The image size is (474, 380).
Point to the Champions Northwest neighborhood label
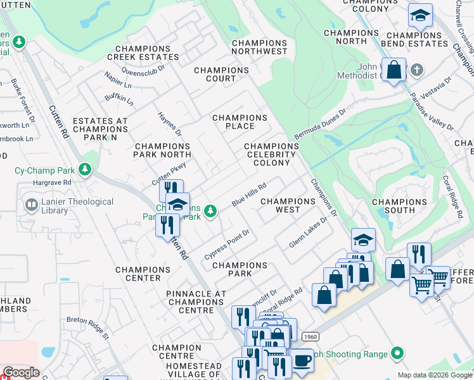pos(259,47)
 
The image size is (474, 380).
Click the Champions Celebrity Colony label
pos(272,155)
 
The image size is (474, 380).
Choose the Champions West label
pos(288,205)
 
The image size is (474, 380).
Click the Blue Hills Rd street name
pos(248,195)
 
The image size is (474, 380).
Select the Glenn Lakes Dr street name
pos(308,233)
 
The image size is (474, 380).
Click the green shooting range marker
pos(397,352)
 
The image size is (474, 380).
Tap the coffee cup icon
pos(302,360)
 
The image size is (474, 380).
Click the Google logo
pos(21,372)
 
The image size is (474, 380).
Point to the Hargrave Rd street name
pos(54,182)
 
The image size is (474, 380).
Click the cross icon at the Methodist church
pos(416,69)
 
